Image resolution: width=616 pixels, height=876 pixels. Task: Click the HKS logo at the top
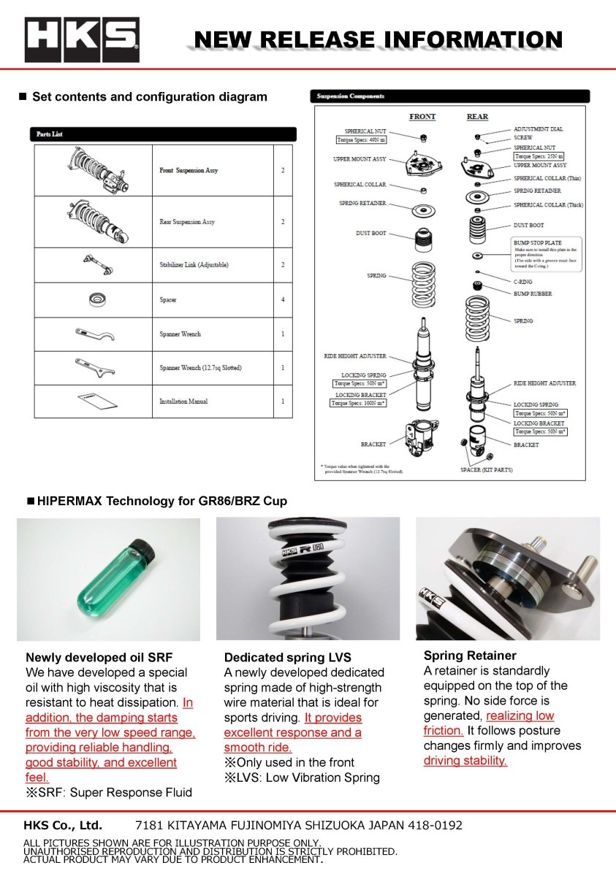pyautogui.click(x=82, y=39)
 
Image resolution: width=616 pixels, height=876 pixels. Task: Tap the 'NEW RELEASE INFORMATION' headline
pyautogui.click(x=379, y=39)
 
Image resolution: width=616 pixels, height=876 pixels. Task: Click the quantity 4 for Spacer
pyautogui.click(x=282, y=300)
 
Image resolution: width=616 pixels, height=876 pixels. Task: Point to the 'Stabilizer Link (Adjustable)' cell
pyautogui.click(x=194, y=265)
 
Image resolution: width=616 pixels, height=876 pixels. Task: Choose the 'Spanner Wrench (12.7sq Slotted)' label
pyautogui.click(x=200, y=368)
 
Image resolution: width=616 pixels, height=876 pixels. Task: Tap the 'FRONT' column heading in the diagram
pyautogui.click(x=422, y=117)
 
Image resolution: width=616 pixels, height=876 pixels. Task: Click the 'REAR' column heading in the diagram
pyautogui.click(x=477, y=117)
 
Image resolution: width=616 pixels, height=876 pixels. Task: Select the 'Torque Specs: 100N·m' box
pyautogui.click(x=358, y=403)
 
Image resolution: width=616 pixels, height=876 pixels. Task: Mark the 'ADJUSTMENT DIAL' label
pyautogui.click(x=539, y=129)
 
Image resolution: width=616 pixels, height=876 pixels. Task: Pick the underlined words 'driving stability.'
pyautogui.click(x=465, y=761)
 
